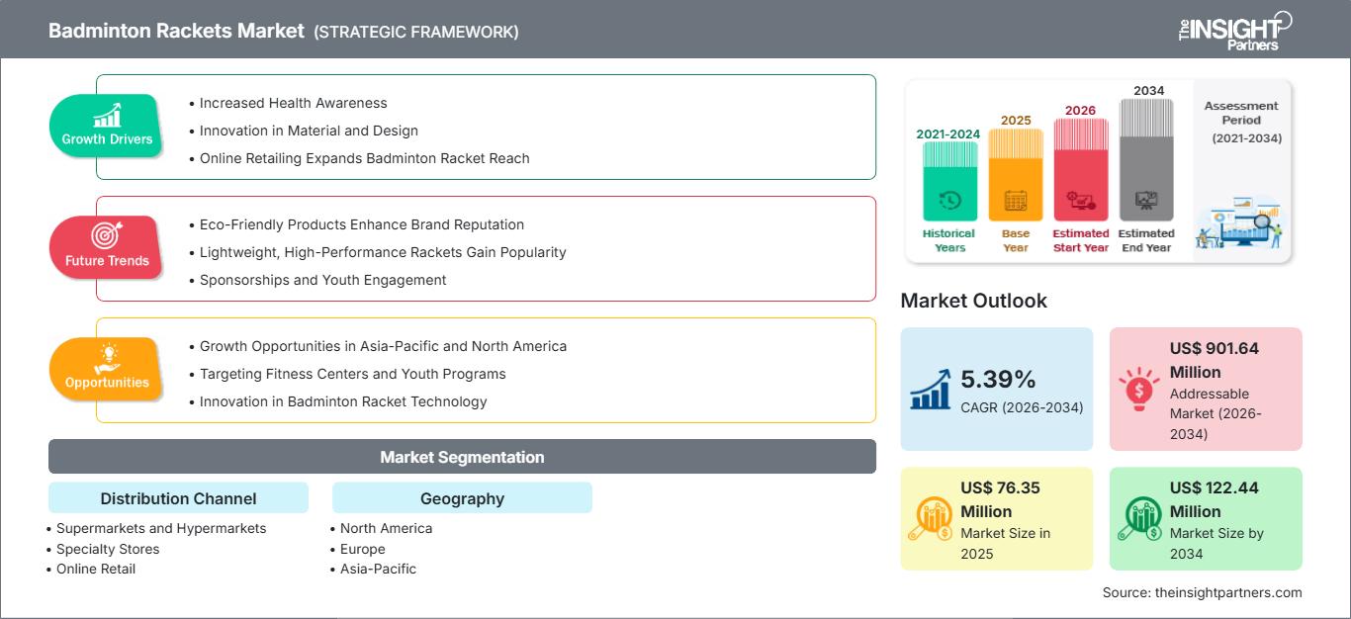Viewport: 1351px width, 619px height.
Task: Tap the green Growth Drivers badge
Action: point(107,127)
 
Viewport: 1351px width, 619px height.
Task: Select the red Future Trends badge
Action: point(107,248)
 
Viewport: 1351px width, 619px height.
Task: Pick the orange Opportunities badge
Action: point(107,370)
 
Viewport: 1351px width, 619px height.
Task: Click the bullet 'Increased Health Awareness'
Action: point(293,103)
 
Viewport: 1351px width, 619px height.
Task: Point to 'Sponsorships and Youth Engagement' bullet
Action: point(322,280)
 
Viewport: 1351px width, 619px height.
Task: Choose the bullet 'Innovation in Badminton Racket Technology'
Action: point(343,401)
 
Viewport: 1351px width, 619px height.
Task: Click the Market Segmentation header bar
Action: point(462,457)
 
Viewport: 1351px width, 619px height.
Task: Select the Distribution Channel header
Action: point(178,498)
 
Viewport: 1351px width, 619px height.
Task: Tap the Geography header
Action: point(462,498)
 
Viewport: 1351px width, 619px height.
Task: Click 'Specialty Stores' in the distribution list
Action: point(108,549)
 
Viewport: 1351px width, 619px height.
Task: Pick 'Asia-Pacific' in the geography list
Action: point(378,569)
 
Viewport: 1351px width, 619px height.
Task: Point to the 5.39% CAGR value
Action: point(996,379)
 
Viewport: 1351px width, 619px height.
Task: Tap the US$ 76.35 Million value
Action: point(1000,499)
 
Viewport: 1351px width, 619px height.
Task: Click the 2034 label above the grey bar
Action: point(1148,90)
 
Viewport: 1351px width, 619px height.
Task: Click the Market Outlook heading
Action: point(973,301)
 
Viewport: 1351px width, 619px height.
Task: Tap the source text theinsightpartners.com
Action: point(1202,592)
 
